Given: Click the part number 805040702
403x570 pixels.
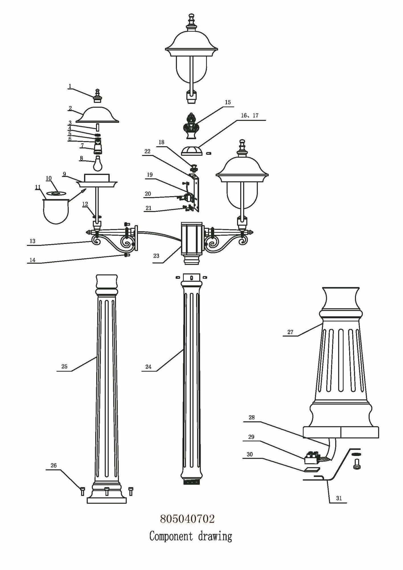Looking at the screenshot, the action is (x=187, y=519).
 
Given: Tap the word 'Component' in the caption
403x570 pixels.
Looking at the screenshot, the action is (x=171, y=536).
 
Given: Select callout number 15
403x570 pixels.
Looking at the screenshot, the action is (x=228, y=102).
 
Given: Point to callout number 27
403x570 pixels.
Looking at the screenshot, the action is (x=290, y=332).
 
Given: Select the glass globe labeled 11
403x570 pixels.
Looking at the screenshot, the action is (x=56, y=211).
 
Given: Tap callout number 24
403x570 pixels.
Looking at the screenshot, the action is (x=148, y=367).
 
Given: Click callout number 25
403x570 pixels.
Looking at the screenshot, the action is (x=64, y=367).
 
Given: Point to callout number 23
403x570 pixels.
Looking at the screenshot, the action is (x=156, y=256).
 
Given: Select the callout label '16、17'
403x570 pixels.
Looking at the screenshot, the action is (x=250, y=115).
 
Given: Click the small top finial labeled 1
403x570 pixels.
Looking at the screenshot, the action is (x=98, y=96).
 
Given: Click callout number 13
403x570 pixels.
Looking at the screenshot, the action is (x=32, y=241).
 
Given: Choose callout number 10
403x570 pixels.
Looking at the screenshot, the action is (x=48, y=178).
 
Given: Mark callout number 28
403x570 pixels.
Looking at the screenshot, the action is (x=251, y=418).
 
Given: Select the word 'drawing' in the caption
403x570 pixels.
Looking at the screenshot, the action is (x=215, y=536).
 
